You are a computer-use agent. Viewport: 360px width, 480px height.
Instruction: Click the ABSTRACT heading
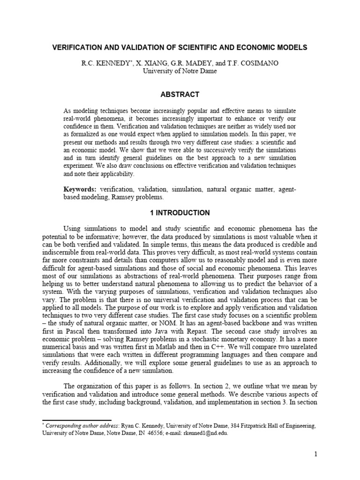point(180,94)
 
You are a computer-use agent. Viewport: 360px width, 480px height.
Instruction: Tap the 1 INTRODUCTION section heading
point(180,213)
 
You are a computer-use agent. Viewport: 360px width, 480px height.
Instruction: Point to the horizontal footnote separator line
point(77,420)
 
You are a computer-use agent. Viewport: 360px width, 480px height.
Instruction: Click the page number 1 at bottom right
point(316,454)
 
